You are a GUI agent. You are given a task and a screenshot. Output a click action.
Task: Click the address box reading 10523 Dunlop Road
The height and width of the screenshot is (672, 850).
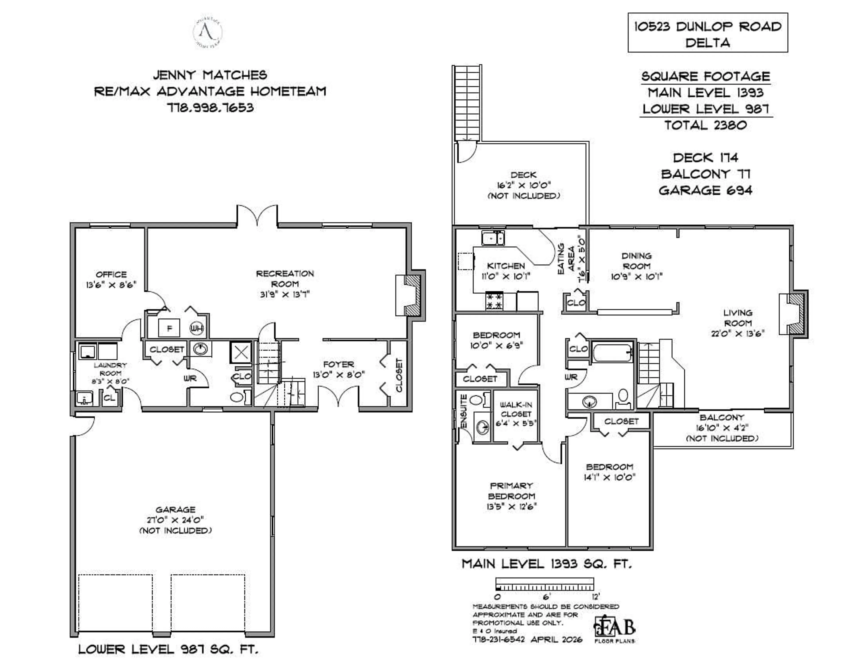click(707, 33)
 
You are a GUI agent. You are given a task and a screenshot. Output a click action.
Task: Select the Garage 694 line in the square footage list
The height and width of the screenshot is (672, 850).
click(705, 191)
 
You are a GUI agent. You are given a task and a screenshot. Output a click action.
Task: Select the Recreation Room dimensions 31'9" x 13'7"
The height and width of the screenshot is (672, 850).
click(285, 294)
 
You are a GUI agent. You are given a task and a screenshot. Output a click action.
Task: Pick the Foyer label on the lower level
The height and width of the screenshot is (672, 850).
click(338, 365)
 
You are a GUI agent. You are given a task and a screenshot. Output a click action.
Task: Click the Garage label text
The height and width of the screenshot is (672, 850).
click(175, 510)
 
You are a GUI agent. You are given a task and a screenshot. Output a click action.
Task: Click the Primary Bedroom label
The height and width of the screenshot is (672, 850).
click(511, 491)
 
